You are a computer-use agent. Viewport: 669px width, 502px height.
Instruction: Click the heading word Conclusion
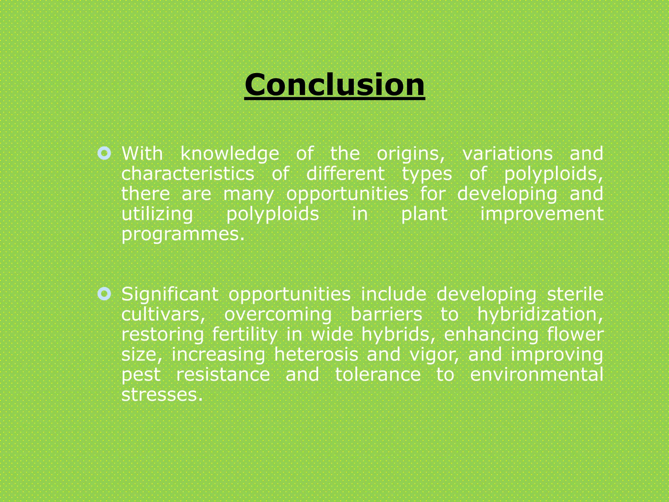pos(334,85)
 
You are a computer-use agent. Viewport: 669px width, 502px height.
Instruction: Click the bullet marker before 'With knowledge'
pos(104,153)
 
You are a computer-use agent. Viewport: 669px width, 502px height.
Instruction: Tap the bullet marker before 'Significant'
pos(104,294)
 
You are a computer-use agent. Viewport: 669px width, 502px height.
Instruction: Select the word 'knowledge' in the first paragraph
pos(230,154)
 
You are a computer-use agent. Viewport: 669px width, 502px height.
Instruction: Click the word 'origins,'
pos(411,154)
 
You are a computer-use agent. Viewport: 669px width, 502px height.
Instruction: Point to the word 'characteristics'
pos(188,174)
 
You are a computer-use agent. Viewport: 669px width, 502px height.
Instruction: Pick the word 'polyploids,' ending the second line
pos(553,174)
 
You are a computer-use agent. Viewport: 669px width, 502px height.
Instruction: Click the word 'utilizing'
pos(157,215)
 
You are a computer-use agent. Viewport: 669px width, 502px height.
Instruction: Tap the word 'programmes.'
pos(183,235)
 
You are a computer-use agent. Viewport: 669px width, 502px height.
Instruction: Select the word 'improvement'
pos(542,214)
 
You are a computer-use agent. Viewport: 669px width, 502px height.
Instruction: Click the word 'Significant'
pos(170,294)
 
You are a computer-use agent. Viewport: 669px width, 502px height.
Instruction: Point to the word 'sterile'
pos(575,294)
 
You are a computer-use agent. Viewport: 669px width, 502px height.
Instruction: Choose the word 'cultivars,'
pos(163,314)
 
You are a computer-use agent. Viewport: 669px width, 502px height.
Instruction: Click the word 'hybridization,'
pos(540,315)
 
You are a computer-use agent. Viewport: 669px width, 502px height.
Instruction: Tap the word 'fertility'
pos(245,335)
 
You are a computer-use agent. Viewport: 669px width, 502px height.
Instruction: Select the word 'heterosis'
pos(316,355)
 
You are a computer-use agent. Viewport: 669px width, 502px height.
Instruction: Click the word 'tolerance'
pos(378,375)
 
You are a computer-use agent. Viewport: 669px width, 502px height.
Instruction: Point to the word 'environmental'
pos(536,375)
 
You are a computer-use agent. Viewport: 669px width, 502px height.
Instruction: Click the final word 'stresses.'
pos(162,395)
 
